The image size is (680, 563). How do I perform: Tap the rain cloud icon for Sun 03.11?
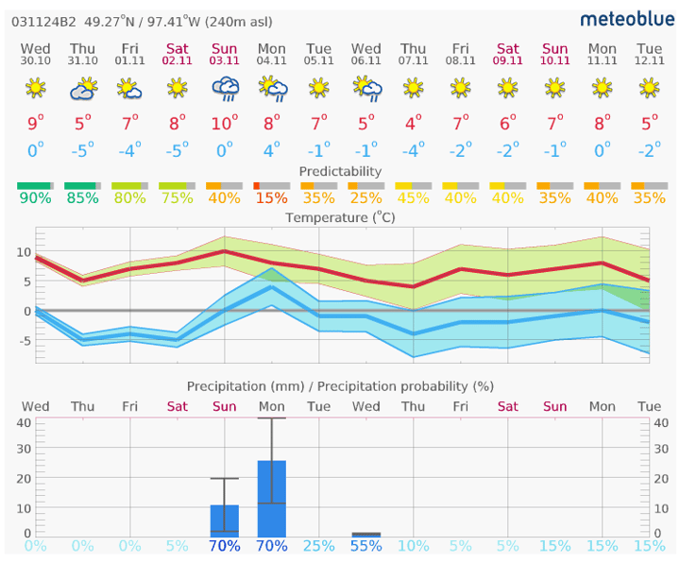pos(225,90)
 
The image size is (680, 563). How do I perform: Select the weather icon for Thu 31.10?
pos(83,90)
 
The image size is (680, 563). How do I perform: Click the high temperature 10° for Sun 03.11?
pos(225,124)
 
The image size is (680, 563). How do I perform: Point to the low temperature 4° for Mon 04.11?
pos(272,150)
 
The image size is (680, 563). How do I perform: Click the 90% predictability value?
pos(35,199)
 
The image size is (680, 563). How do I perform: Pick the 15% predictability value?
pos(272,199)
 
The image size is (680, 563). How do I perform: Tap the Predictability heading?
pos(340,171)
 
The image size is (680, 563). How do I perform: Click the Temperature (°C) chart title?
pos(340,217)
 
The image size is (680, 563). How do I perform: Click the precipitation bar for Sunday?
pos(225,520)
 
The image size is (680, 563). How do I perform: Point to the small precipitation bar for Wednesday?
pos(366,535)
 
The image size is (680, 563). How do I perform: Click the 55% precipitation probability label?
pos(366,546)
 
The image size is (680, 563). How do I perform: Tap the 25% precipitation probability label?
pos(319,546)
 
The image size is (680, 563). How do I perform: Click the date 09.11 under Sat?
pos(508,61)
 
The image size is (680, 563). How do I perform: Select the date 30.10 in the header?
pos(35,61)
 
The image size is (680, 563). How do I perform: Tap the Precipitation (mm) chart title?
pos(340,386)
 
